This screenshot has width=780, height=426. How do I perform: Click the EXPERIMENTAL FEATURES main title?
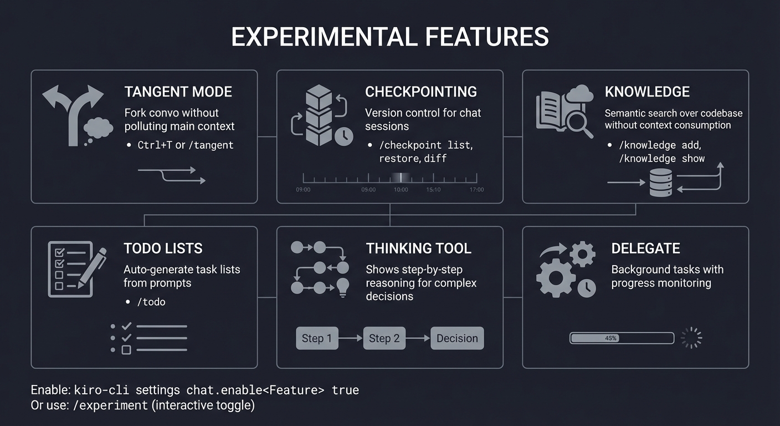tap(389, 37)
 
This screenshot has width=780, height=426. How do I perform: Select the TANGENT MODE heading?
tap(178, 92)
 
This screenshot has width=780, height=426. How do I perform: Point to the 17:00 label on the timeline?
tap(476, 190)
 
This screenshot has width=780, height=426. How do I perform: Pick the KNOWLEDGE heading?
tap(647, 92)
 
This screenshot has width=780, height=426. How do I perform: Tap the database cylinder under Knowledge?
tap(660, 182)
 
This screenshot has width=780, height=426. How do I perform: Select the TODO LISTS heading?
tap(163, 248)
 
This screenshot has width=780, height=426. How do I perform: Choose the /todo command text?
tap(152, 302)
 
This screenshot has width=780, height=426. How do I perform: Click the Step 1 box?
tap(317, 338)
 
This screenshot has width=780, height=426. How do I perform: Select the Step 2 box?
tap(384, 338)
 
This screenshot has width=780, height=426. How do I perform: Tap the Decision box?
tap(457, 338)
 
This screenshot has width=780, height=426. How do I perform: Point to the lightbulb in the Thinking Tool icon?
tap(342, 287)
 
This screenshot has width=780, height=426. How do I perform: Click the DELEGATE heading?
tap(645, 248)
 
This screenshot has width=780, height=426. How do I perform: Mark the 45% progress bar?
tap(622, 338)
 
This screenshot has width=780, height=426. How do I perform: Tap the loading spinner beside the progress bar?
tap(691, 338)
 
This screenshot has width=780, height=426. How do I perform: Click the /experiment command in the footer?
tap(110, 405)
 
